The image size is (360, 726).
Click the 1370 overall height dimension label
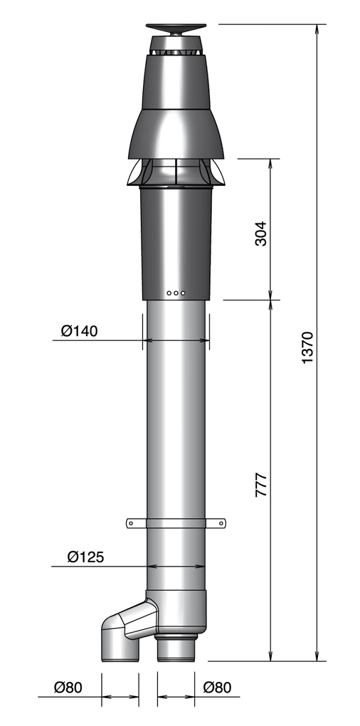pos(307,348)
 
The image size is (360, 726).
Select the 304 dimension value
pos(261,233)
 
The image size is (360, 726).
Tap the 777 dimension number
pos(261,483)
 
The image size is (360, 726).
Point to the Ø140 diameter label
pos(79,331)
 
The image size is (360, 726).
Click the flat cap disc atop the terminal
pos(176,28)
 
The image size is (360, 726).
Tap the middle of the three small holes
pos(176,293)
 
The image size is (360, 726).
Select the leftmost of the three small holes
pos(169,293)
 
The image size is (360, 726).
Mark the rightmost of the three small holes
pos(183,293)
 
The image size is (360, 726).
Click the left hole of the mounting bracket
pos(131,524)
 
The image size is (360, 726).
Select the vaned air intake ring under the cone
pos(175,172)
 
